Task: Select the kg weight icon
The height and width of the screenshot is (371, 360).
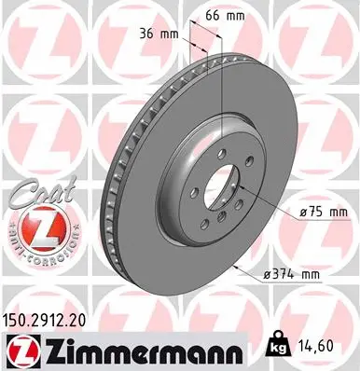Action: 278,344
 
